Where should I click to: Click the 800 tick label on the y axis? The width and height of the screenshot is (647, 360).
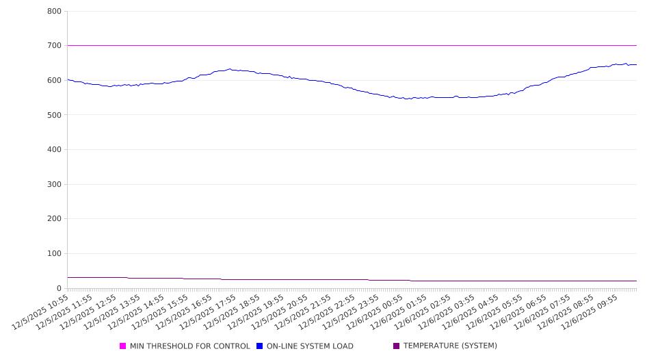[54, 12]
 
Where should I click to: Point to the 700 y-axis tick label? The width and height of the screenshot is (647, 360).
[54, 46]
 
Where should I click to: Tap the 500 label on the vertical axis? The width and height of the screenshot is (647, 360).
[54, 115]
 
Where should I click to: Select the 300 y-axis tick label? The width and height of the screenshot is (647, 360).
[54, 185]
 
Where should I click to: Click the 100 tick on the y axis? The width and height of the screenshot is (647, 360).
[54, 254]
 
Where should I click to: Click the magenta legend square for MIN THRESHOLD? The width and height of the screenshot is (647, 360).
[123, 346]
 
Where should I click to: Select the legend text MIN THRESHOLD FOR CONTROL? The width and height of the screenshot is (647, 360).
[189, 346]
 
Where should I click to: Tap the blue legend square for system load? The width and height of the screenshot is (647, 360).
[260, 346]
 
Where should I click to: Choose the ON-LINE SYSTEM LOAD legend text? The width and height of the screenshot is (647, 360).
[310, 346]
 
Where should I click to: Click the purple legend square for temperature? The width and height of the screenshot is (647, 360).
[397, 346]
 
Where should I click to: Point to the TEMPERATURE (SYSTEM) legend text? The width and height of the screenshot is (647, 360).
[450, 346]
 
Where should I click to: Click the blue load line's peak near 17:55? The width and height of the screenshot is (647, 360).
[230, 69]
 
